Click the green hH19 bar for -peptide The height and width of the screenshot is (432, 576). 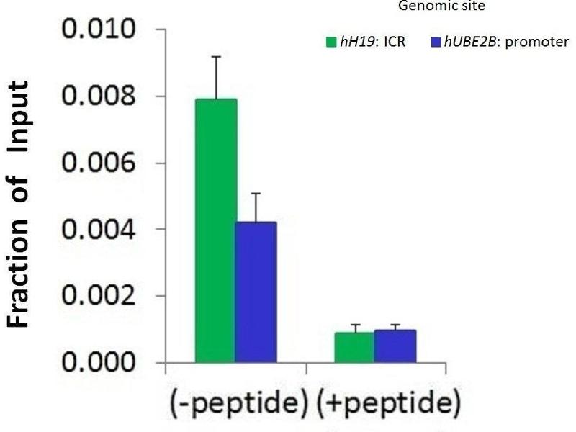pyautogui.click(x=216, y=230)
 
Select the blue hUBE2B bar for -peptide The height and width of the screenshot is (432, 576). pyautogui.click(x=257, y=292)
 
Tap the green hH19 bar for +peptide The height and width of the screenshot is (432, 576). pyautogui.click(x=354, y=347)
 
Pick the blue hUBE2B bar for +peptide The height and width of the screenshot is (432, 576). pyautogui.click(x=395, y=346)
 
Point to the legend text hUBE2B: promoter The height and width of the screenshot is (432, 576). pyautogui.click(x=505, y=42)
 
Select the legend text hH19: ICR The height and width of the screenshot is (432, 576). pyautogui.click(x=372, y=42)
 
